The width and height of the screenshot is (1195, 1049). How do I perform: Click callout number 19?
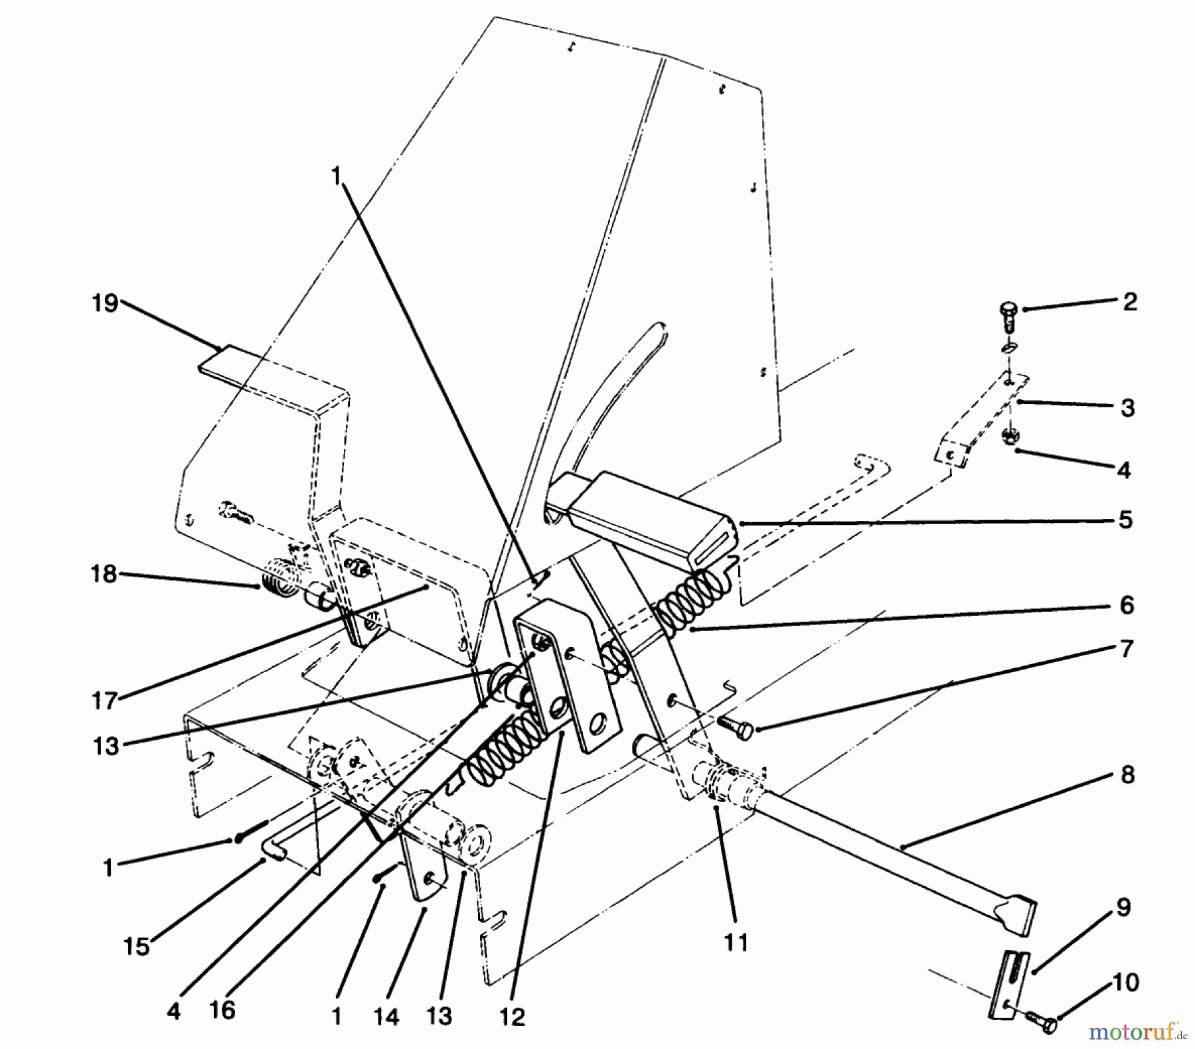(105, 304)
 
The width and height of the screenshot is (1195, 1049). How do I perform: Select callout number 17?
(104, 701)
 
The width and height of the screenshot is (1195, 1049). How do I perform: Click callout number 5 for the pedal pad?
(1125, 520)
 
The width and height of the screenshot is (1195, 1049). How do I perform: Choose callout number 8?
(1127, 775)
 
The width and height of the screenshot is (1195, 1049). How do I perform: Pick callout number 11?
(736, 942)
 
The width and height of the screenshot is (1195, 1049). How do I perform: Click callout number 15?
(137, 947)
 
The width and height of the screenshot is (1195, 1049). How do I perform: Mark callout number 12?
(512, 1017)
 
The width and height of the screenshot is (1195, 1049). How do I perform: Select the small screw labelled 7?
(736, 726)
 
